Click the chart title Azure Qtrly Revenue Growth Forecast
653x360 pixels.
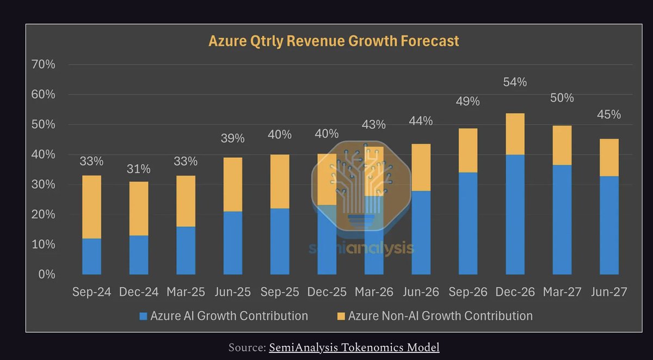(334, 41)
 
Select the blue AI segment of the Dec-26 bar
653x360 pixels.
(515, 214)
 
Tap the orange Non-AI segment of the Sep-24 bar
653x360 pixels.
(91, 207)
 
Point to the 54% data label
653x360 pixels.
(515, 82)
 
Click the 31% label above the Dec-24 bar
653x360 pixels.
(138, 169)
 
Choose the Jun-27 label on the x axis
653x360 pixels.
(608, 292)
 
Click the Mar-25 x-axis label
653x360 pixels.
(186, 292)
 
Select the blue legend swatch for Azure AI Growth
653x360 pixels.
(144, 316)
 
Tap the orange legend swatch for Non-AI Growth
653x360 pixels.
(341, 316)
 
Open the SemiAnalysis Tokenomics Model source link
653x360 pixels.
(354, 347)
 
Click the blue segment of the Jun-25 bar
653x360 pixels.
(232, 243)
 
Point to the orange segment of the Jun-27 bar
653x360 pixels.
(608, 157)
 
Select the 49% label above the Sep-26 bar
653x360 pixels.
(467, 102)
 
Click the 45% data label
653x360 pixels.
(608, 115)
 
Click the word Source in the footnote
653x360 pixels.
(246, 347)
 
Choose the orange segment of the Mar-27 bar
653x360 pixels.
(562, 145)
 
